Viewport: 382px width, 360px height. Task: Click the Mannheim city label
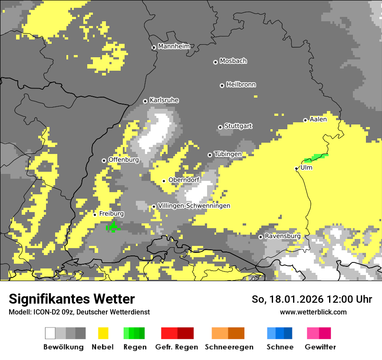(x=174, y=46)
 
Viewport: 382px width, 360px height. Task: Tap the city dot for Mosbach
(x=215, y=62)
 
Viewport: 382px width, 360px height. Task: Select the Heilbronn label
(x=241, y=85)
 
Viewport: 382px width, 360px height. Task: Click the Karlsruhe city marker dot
(x=145, y=101)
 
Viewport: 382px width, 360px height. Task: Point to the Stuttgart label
(x=238, y=126)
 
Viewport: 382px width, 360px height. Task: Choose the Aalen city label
(x=318, y=119)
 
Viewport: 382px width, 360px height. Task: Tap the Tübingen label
(x=228, y=154)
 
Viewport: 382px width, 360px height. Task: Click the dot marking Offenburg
(x=104, y=160)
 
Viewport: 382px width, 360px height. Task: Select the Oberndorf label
(x=184, y=180)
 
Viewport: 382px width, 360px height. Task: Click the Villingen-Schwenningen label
(x=194, y=206)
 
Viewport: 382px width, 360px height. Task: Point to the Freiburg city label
(x=112, y=214)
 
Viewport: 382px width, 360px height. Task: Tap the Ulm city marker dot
(x=296, y=168)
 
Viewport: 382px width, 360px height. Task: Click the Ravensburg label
(x=283, y=236)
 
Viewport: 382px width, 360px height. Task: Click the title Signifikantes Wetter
(x=72, y=299)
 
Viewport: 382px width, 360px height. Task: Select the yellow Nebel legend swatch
(x=103, y=333)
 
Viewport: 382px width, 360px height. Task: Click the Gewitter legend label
(x=320, y=347)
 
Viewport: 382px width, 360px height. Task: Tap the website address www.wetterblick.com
(x=313, y=312)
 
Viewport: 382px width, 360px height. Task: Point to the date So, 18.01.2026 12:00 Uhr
(x=312, y=299)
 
